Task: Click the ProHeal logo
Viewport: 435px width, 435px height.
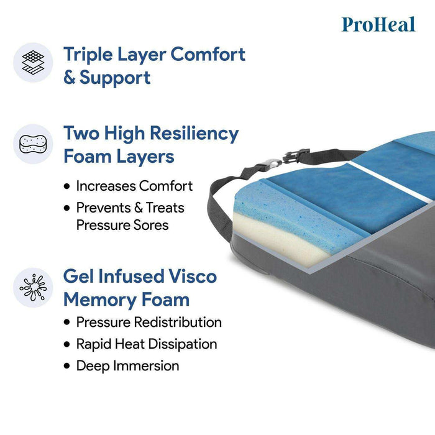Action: pos(378,24)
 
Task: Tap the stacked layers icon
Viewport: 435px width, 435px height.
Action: pos(33,63)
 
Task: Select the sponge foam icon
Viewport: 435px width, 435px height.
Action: pos(33,144)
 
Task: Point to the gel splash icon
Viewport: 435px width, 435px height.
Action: pos(33,287)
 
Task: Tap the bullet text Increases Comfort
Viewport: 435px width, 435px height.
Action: pos(134,186)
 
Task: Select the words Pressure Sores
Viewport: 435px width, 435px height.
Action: pos(122,225)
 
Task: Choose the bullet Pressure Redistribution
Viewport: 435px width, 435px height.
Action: pos(149,322)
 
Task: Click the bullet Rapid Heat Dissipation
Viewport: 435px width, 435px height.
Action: pos(146,344)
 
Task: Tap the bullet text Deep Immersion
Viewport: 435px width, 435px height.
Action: pos(127,365)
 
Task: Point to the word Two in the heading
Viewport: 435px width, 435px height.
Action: pos(83,133)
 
